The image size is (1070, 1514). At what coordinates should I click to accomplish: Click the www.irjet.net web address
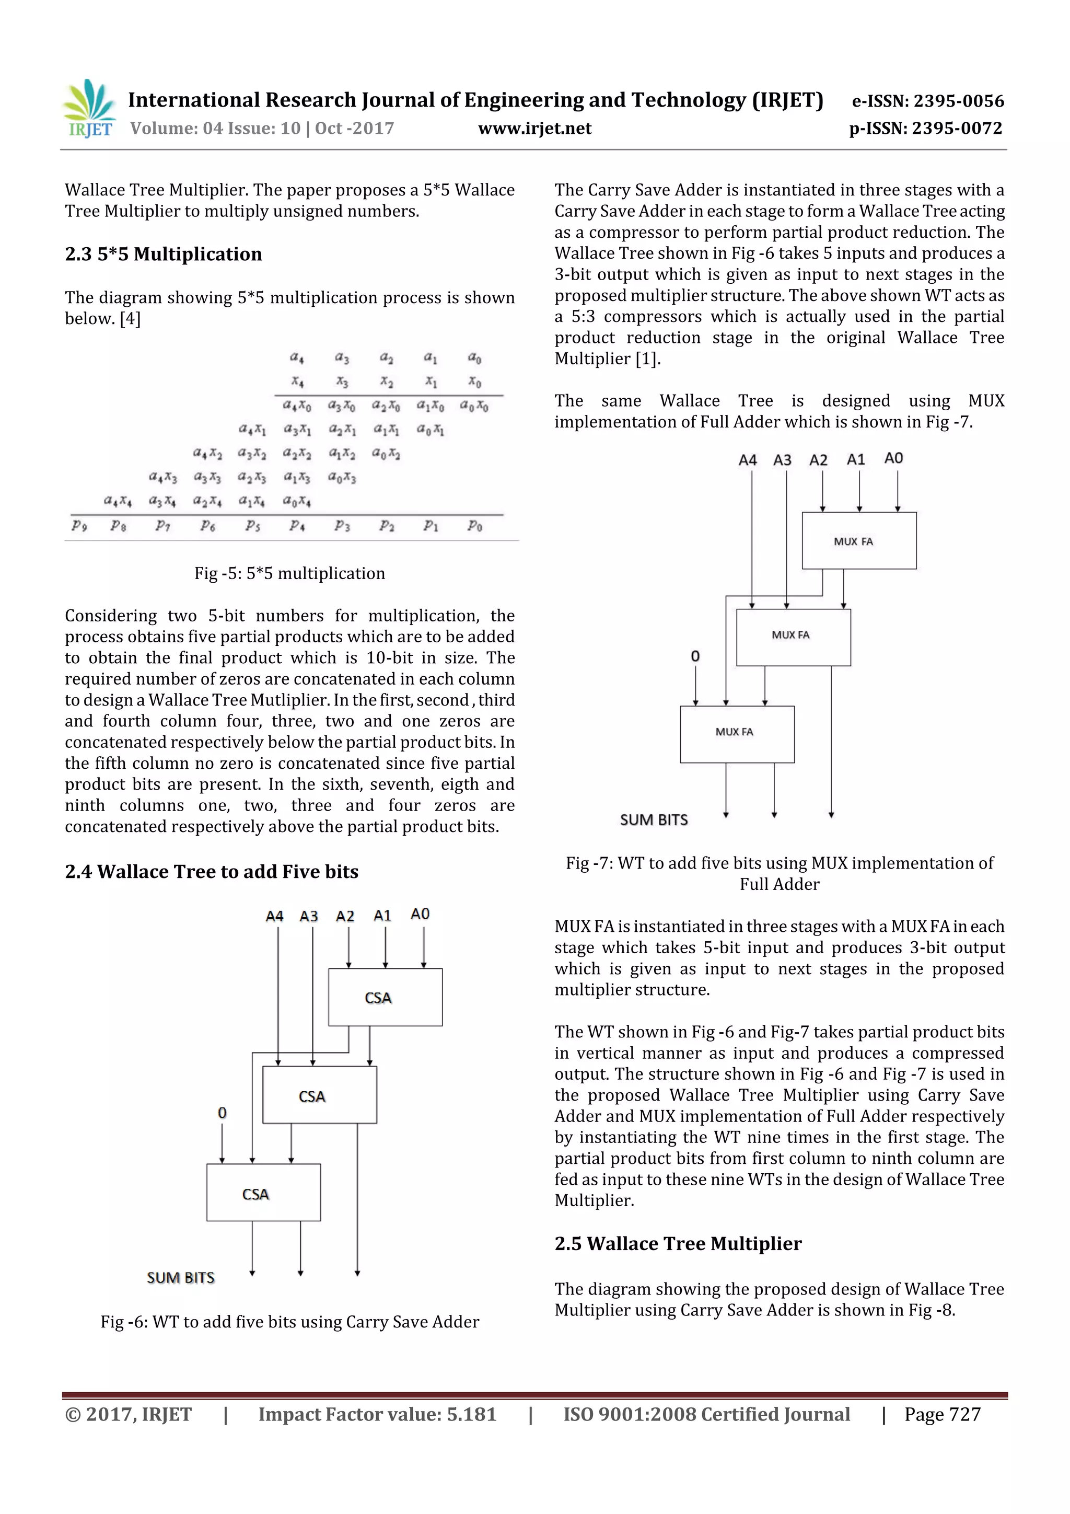pyautogui.click(x=534, y=128)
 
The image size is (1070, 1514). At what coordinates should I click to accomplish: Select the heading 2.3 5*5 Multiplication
pyautogui.click(x=163, y=254)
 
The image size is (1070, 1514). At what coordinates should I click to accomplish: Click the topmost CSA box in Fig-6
pyautogui.click(x=385, y=997)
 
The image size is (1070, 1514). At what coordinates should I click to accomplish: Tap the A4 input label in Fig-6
pyautogui.click(x=274, y=916)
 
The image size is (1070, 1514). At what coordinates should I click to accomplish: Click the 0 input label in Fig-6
pyautogui.click(x=222, y=1113)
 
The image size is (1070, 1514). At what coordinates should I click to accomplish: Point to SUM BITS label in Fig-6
pyautogui.click(x=181, y=1278)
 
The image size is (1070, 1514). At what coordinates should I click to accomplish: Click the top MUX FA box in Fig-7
pyautogui.click(x=858, y=541)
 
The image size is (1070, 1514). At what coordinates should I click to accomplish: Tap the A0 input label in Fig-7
pyautogui.click(x=893, y=458)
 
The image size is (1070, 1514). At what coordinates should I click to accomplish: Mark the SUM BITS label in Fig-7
pyautogui.click(x=654, y=819)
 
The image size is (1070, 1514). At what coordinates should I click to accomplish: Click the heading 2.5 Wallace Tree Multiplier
pyautogui.click(x=678, y=1244)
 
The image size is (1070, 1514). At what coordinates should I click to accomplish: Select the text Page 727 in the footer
pyautogui.click(x=942, y=1414)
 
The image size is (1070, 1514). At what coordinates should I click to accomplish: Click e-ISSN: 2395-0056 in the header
pyautogui.click(x=927, y=101)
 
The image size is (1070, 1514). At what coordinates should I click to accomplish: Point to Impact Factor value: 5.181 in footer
pyautogui.click(x=377, y=1414)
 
